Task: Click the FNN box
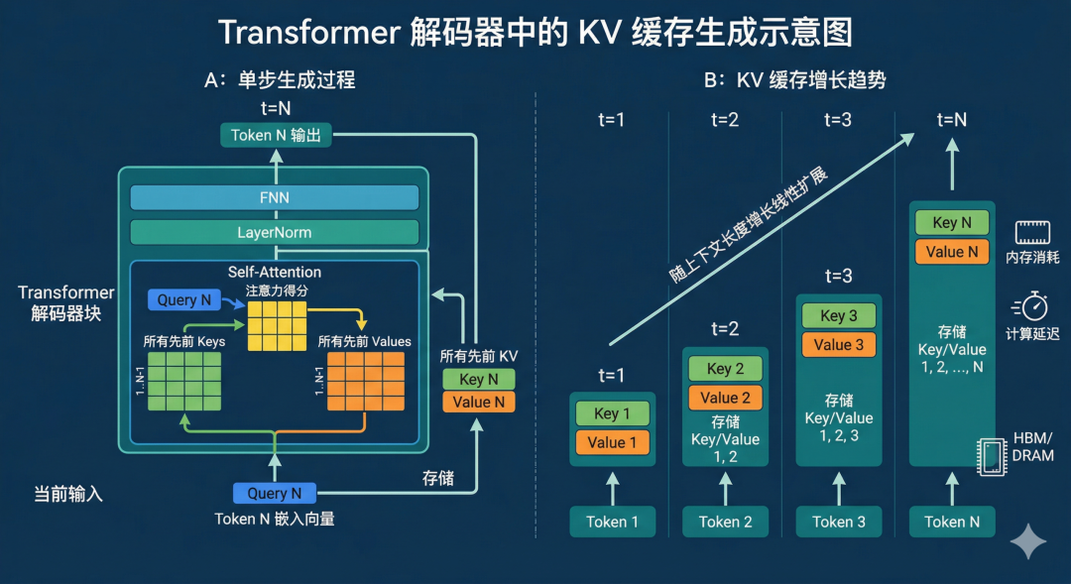(275, 197)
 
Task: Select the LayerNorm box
(275, 232)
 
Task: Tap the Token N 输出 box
(275, 135)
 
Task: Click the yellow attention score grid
(277, 326)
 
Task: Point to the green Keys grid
(184, 381)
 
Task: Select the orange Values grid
(364, 381)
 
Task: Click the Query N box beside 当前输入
(275, 493)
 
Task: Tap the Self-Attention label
(275, 272)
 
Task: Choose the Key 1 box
(608, 413)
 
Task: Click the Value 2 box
(725, 398)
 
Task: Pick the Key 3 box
(839, 316)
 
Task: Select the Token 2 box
(725, 522)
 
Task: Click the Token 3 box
(839, 522)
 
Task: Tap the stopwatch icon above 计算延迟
(1032, 305)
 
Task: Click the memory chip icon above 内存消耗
(1032, 233)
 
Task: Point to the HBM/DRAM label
(1032, 447)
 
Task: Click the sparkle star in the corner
(1028, 541)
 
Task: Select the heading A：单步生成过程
(280, 80)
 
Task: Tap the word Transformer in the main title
(307, 33)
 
